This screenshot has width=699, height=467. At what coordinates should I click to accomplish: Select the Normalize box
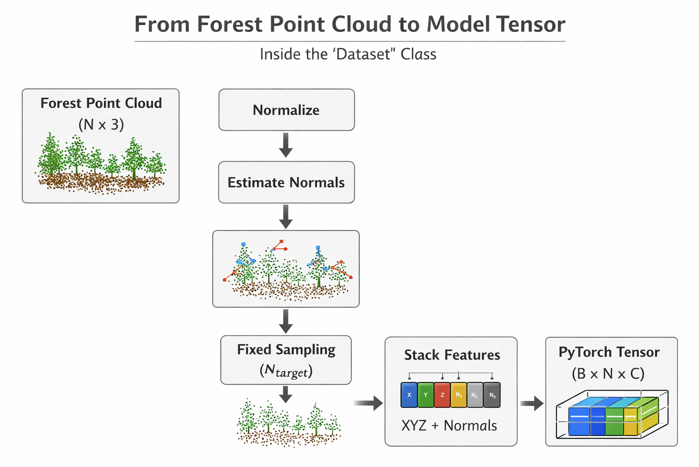click(286, 110)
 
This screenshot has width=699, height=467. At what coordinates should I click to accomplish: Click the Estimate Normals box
click(286, 182)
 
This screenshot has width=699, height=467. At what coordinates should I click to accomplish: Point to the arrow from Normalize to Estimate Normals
click(286, 145)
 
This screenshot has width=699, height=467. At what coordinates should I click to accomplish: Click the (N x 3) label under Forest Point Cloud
click(101, 124)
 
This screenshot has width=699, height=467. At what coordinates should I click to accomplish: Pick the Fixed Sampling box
click(286, 360)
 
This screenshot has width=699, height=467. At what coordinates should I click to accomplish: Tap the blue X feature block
click(409, 395)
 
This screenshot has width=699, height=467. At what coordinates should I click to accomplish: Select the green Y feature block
click(425, 395)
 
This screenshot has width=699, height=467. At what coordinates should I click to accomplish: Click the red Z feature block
click(442, 395)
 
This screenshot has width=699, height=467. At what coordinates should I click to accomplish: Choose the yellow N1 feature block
click(458, 395)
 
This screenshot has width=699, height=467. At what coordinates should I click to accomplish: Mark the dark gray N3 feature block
click(492, 395)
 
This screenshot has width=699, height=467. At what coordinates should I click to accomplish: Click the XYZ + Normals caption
click(449, 426)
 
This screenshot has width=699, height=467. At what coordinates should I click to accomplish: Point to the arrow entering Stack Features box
click(368, 403)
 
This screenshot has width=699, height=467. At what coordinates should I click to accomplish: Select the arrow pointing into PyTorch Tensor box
click(532, 403)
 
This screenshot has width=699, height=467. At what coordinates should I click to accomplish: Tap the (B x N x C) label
click(608, 374)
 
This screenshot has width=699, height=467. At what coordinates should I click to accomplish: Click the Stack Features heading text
click(452, 355)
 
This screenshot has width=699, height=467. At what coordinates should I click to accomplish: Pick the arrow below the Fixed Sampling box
click(286, 394)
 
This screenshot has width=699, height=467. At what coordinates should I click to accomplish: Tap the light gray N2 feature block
click(475, 395)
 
